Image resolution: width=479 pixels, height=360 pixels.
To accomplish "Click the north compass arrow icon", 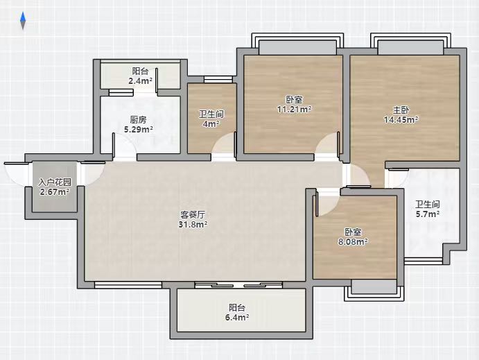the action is [x=23, y=21].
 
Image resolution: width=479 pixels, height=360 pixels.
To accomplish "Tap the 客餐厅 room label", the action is [x=193, y=215].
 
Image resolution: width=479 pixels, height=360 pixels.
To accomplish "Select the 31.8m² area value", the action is [x=193, y=225].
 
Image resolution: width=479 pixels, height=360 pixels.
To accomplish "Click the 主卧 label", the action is [x=401, y=110].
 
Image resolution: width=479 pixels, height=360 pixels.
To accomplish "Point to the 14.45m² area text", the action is [x=401, y=119].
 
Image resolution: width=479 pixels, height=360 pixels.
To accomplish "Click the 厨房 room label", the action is [x=138, y=119].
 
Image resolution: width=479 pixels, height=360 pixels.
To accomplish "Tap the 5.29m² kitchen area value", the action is [x=139, y=129].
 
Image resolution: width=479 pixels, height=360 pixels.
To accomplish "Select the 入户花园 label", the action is [x=55, y=182].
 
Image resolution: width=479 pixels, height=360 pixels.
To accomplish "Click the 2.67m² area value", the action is [x=55, y=192].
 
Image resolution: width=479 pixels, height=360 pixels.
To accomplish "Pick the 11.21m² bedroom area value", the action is [x=294, y=109].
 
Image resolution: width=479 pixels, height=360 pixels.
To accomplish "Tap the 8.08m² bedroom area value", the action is [x=353, y=241].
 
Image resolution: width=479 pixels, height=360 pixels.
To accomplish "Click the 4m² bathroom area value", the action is [x=211, y=123].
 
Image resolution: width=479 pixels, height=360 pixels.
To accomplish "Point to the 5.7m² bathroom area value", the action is [x=428, y=214].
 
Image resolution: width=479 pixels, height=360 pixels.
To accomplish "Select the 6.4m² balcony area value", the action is [x=237, y=317].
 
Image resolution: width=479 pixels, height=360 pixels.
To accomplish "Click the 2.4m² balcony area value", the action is [x=140, y=81].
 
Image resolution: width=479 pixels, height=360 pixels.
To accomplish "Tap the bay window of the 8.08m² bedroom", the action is [x=374, y=290].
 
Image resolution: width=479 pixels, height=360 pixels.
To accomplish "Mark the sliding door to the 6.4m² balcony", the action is [x=238, y=285].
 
